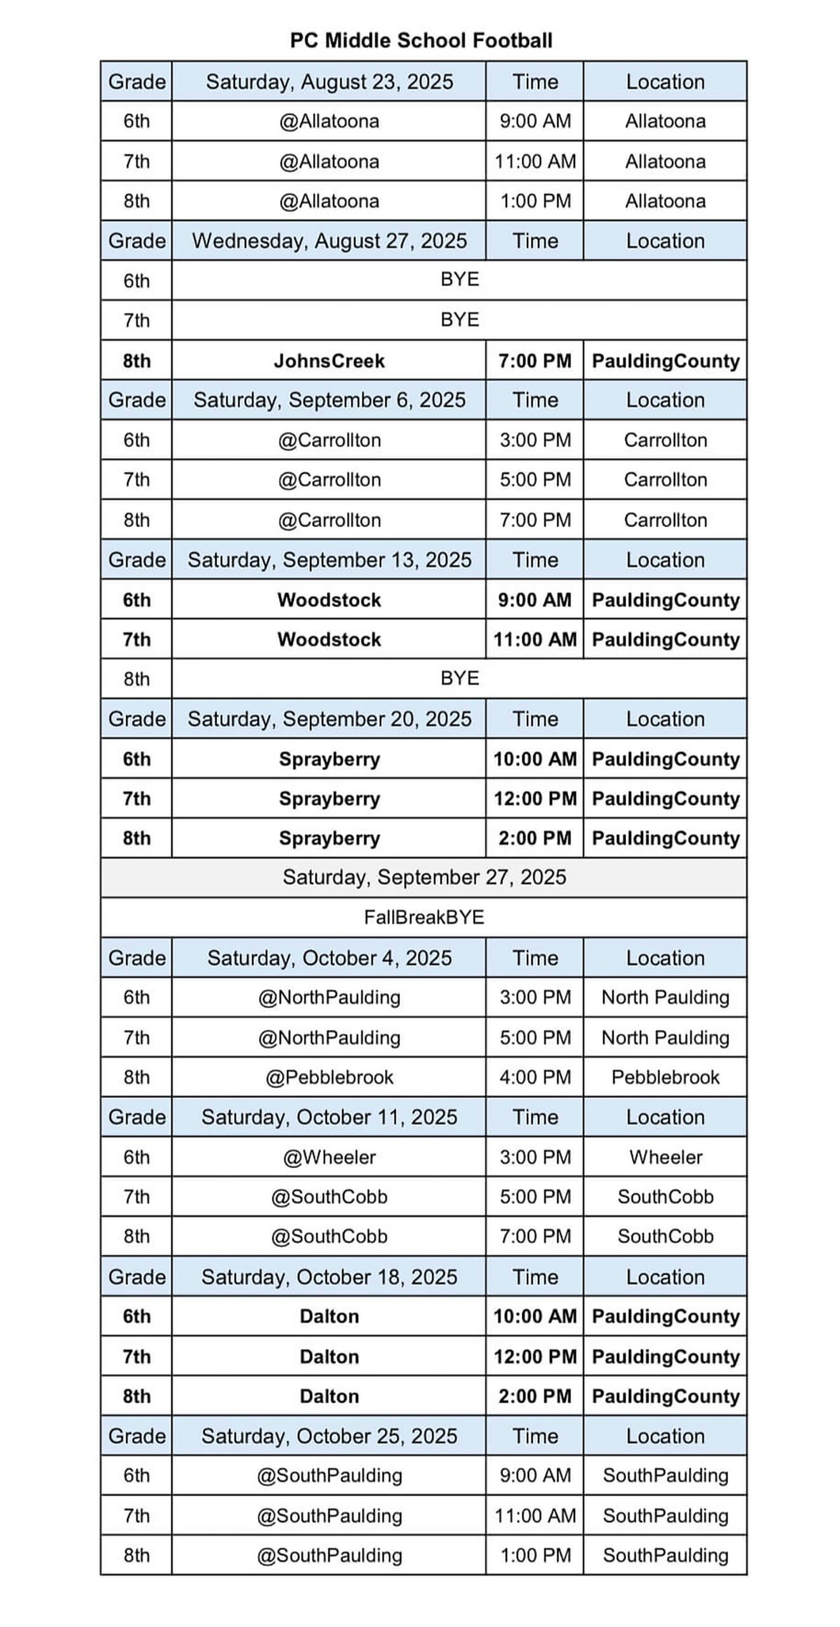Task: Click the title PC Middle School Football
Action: [421, 41]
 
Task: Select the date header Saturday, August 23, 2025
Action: [329, 82]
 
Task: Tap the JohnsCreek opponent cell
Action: [329, 361]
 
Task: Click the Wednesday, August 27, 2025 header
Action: [329, 241]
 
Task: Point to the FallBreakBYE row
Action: [424, 917]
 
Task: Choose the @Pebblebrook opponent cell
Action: [329, 1077]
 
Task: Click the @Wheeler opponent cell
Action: [329, 1157]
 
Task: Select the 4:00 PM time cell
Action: [535, 1077]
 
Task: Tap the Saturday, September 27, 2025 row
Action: [424, 877]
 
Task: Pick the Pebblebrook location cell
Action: [665, 1077]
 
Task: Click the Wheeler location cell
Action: [665, 1157]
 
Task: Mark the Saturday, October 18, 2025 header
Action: [329, 1277]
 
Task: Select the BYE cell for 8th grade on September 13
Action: [459, 678]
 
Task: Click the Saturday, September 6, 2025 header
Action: [329, 400]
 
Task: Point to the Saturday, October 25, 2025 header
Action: [329, 1436]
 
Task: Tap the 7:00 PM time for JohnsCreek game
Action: [535, 361]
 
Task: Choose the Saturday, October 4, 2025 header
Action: [329, 958]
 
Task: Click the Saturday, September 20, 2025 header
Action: [329, 719]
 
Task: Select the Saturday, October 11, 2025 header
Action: [329, 1117]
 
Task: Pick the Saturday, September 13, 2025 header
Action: [329, 560]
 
